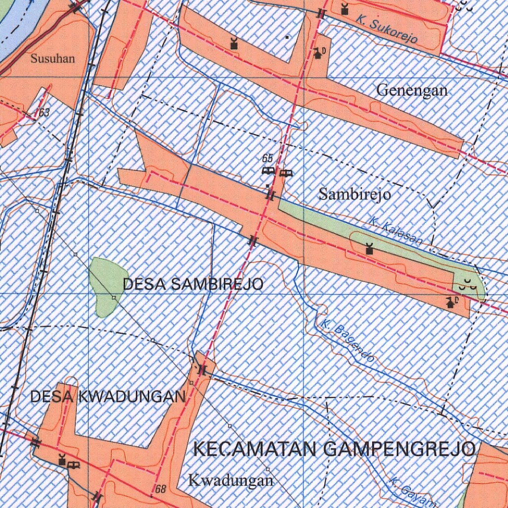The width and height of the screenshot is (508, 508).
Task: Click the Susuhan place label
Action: click(x=53, y=59)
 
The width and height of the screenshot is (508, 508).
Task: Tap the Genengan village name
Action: click(x=412, y=90)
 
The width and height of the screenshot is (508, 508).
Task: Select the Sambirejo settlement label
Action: click(x=354, y=194)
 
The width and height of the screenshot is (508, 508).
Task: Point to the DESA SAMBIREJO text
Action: click(x=193, y=284)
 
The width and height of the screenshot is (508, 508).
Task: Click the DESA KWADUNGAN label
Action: click(x=108, y=396)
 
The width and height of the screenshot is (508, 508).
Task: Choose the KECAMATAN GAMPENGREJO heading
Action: click(x=334, y=449)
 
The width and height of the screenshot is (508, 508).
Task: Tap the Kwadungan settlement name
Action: click(x=231, y=480)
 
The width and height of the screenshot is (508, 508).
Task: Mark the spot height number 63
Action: click(x=44, y=113)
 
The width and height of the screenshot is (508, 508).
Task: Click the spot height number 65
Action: click(x=268, y=159)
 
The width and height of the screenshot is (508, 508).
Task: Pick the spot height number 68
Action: click(x=161, y=490)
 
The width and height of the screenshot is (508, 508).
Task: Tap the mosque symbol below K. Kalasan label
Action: click(x=369, y=249)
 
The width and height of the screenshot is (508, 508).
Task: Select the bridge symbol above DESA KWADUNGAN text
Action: click(x=202, y=370)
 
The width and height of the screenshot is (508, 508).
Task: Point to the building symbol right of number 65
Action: click(x=285, y=173)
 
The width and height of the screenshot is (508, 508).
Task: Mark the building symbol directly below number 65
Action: click(x=268, y=171)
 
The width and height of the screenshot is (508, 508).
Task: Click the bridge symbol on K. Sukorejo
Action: click(x=321, y=14)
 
